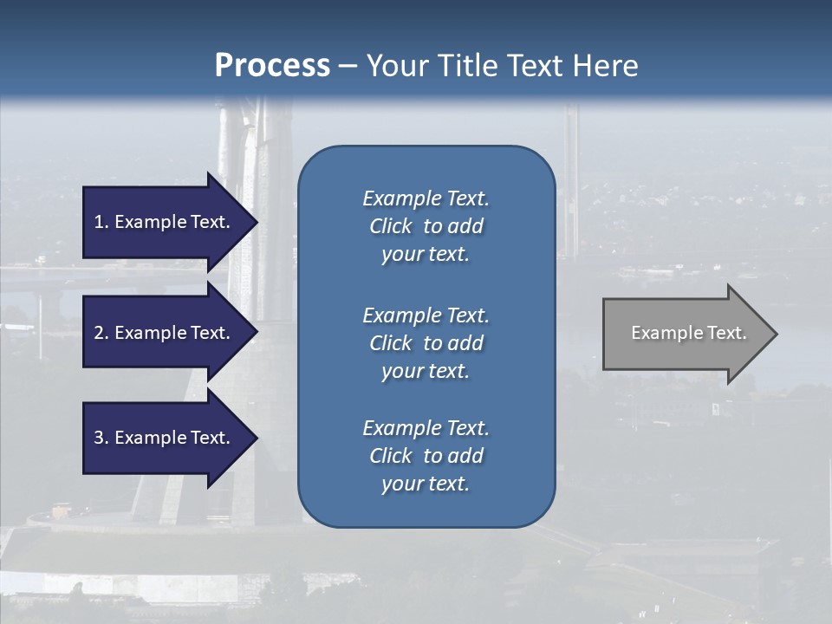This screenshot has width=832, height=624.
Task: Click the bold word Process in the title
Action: tap(272, 66)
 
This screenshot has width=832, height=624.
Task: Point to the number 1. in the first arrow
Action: tap(101, 222)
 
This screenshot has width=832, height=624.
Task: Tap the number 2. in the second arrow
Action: tap(101, 333)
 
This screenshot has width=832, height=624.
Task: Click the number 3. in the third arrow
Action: tap(101, 438)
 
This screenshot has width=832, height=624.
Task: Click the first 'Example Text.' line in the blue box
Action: tap(426, 198)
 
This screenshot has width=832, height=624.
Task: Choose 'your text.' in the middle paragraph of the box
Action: tap(426, 371)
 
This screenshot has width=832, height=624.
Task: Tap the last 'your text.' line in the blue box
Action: tap(426, 484)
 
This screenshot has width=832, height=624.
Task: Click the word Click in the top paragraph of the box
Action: tap(391, 226)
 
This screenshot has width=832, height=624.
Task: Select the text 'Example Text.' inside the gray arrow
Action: tap(688, 333)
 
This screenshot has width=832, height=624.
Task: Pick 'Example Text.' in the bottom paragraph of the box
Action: tap(426, 428)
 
